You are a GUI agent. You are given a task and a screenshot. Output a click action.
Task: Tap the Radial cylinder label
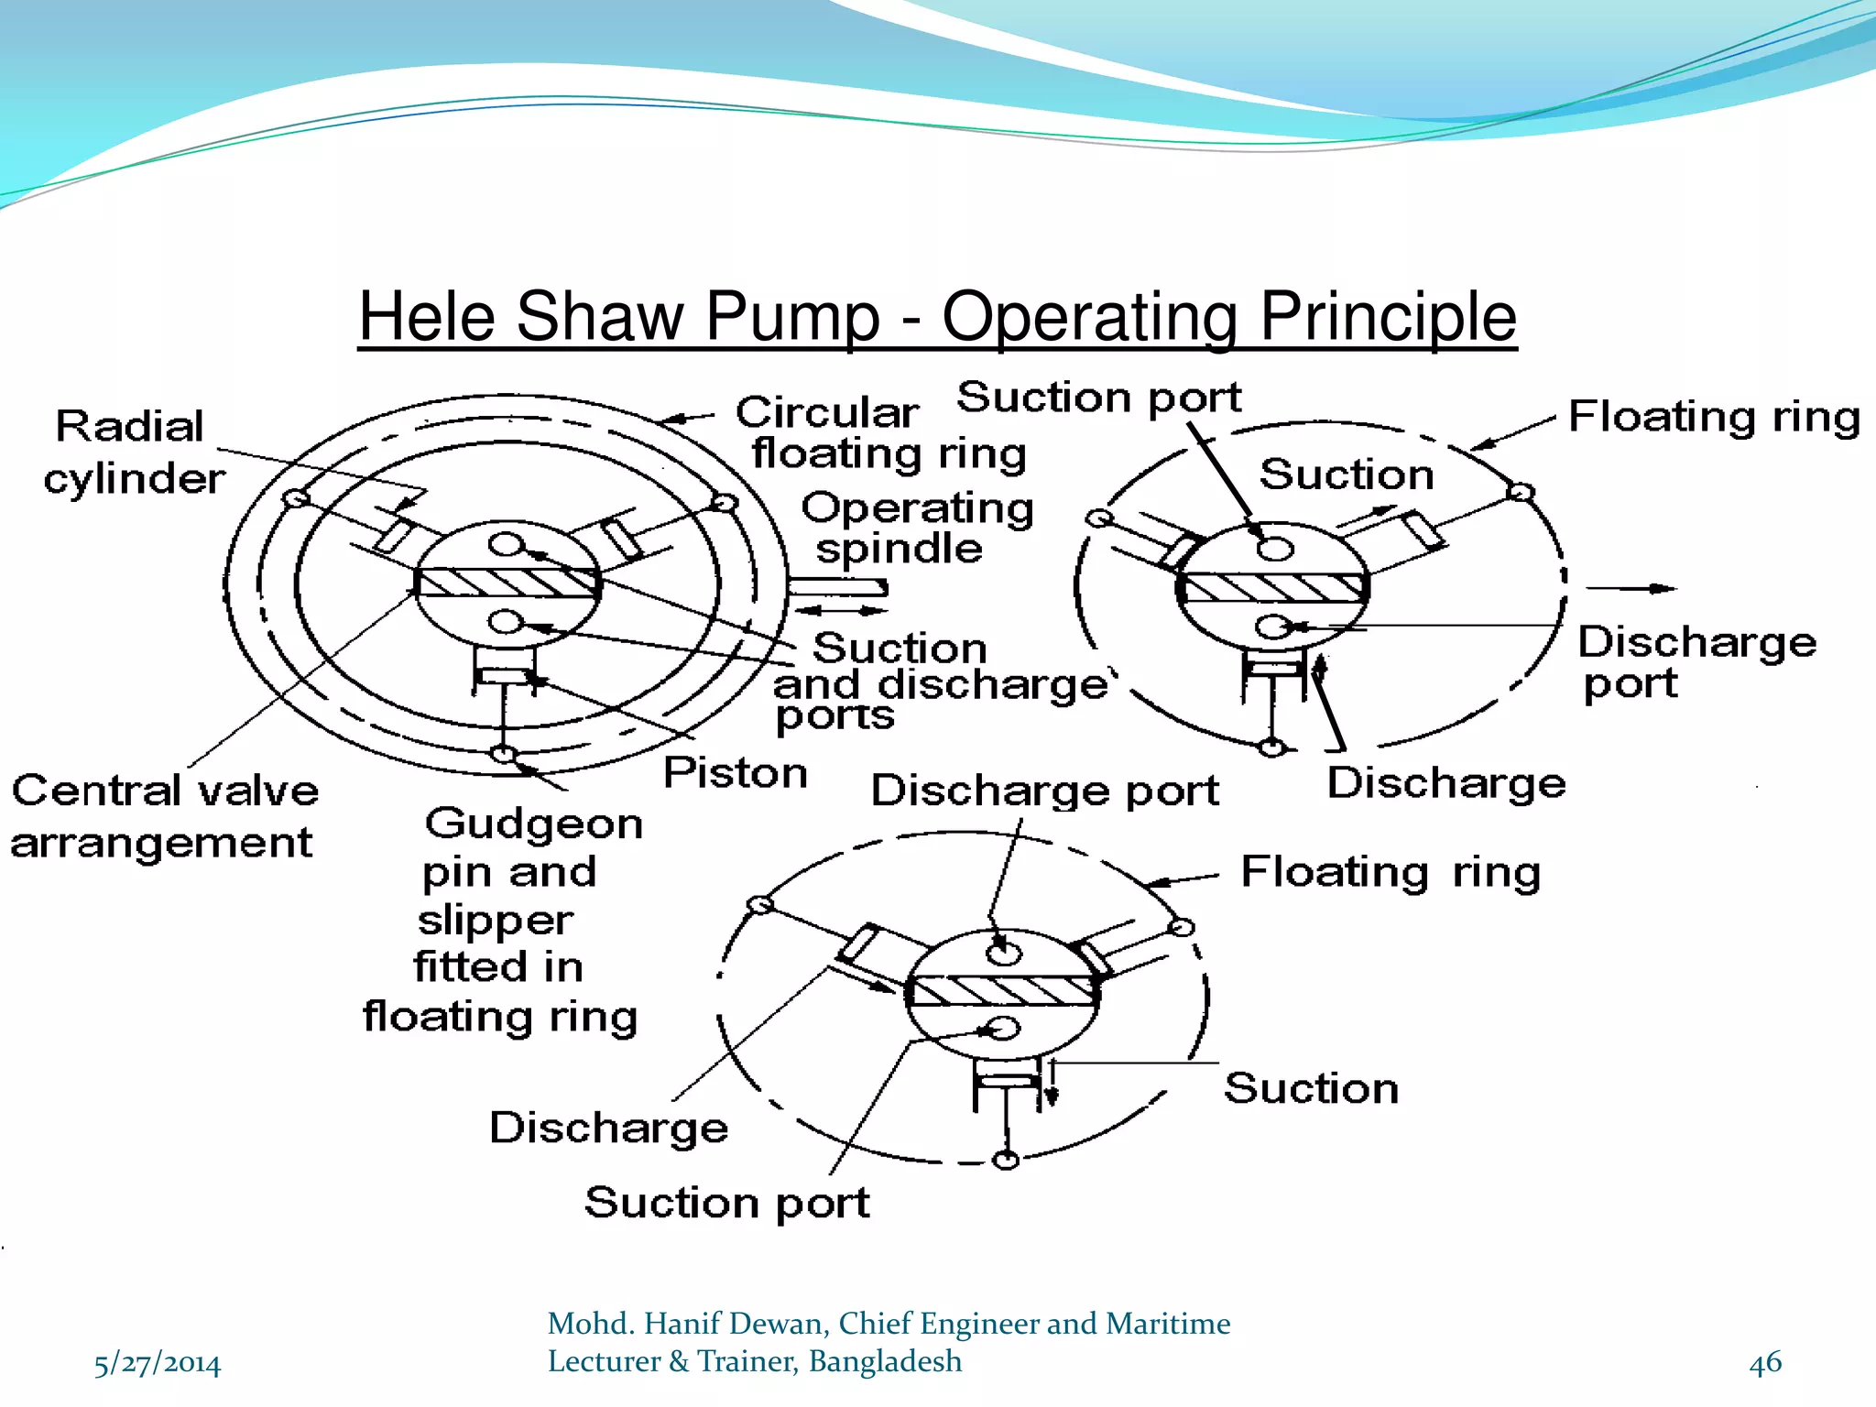point(133,453)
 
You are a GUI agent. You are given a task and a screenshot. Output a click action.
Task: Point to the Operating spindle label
point(916,528)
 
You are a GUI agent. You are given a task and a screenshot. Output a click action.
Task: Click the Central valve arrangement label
point(165,816)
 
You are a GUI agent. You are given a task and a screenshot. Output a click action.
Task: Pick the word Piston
point(735,772)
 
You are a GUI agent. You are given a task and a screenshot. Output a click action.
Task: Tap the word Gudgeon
point(534,823)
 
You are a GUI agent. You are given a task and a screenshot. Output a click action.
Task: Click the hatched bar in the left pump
point(507,583)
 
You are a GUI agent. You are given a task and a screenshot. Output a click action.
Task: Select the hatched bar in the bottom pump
point(1003,990)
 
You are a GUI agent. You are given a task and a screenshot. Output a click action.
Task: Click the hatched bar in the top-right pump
point(1272,587)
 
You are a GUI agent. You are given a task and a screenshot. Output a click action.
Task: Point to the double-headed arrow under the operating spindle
point(838,610)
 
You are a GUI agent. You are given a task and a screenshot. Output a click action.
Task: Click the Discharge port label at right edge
point(1695,661)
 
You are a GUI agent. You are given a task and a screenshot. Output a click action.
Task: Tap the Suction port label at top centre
point(1098,398)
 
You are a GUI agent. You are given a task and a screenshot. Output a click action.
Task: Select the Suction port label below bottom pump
point(726,1202)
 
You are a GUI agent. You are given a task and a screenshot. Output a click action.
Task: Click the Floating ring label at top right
point(1713,417)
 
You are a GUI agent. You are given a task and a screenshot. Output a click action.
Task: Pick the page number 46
point(1764,1362)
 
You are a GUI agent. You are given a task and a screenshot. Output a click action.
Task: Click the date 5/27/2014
point(158,1364)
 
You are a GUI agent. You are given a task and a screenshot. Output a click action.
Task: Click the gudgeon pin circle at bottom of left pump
point(502,754)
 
